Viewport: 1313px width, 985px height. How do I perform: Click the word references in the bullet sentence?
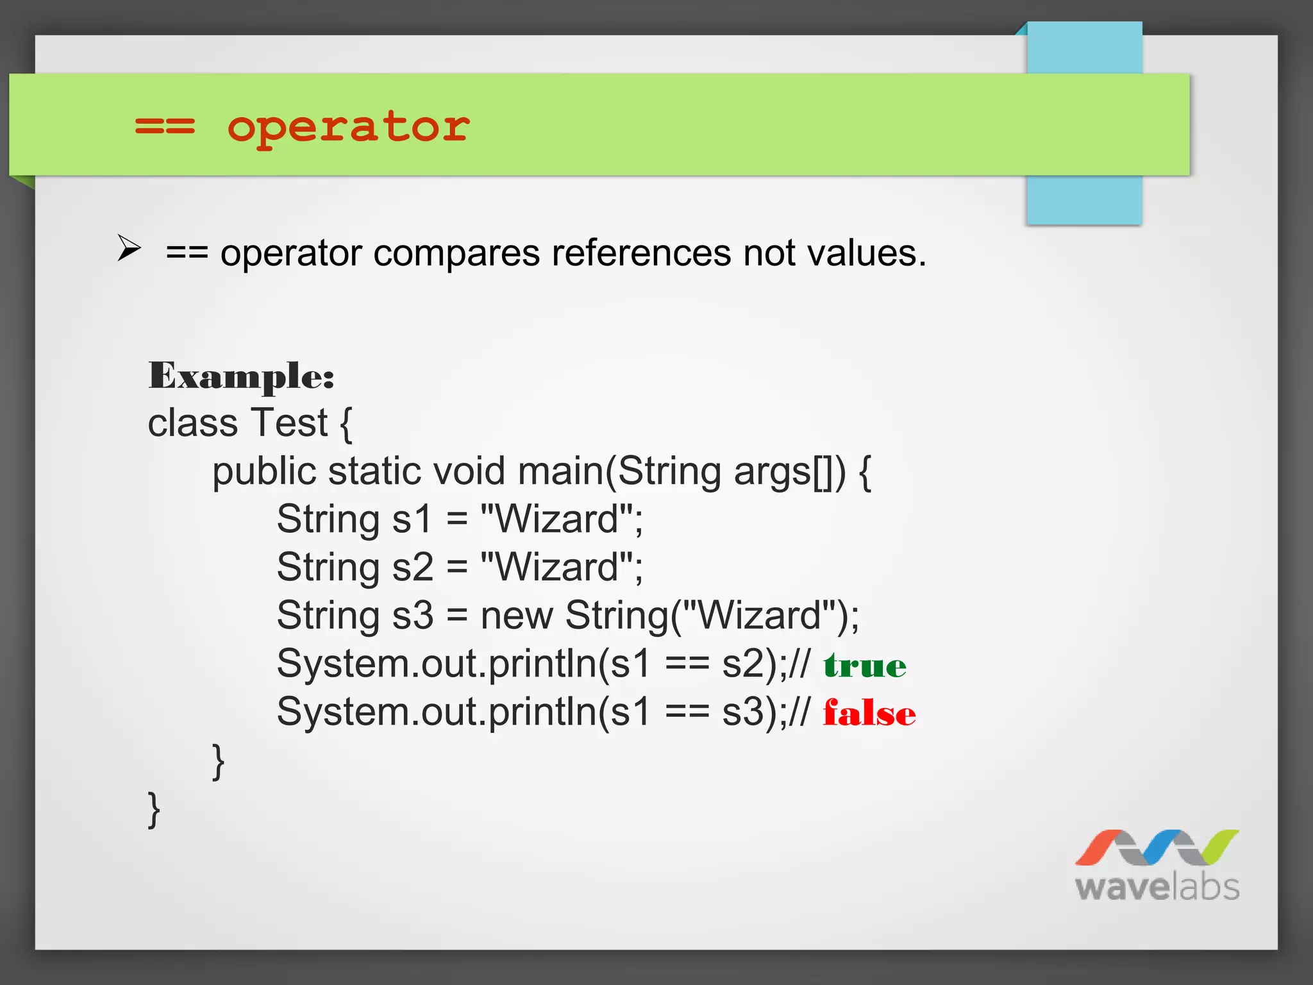click(641, 253)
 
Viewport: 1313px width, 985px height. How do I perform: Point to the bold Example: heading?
click(241, 376)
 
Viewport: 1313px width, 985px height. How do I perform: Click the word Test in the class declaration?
click(289, 423)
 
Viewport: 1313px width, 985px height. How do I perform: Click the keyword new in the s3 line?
click(516, 616)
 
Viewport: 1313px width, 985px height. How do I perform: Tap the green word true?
click(865, 666)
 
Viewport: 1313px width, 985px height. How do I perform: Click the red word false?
click(869, 713)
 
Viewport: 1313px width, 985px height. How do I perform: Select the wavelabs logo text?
click(1157, 887)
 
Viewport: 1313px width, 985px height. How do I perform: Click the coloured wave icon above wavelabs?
click(1157, 847)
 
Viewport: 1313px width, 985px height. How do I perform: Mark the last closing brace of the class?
click(154, 810)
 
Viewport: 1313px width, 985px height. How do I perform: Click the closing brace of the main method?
click(218, 762)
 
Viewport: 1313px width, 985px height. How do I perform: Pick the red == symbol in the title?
click(165, 126)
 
